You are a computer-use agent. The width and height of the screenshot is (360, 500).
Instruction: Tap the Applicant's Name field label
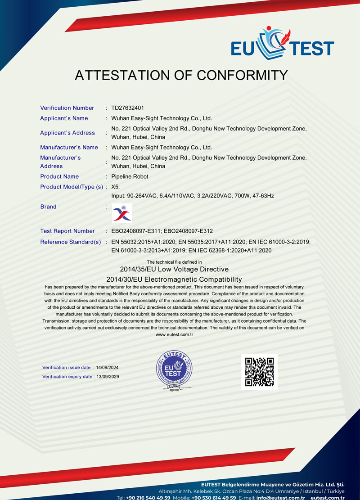[64, 118]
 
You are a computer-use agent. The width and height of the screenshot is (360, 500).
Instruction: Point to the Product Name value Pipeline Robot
[130, 176]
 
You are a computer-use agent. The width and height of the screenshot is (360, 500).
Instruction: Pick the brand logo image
[122, 213]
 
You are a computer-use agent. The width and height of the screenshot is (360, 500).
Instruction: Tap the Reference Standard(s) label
[71, 242]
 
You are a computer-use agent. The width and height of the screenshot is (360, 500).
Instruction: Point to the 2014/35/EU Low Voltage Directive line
[174, 270]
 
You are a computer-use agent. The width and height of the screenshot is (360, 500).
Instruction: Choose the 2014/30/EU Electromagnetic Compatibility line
[174, 279]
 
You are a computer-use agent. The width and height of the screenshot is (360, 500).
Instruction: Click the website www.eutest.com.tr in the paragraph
[174, 335]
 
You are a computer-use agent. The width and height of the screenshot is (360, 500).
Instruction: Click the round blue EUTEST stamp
[174, 371]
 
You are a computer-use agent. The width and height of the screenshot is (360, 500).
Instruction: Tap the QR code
[259, 372]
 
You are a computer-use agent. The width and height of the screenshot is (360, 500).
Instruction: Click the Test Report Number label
[67, 231]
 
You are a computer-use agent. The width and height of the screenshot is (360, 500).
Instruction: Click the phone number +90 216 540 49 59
[148, 498]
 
